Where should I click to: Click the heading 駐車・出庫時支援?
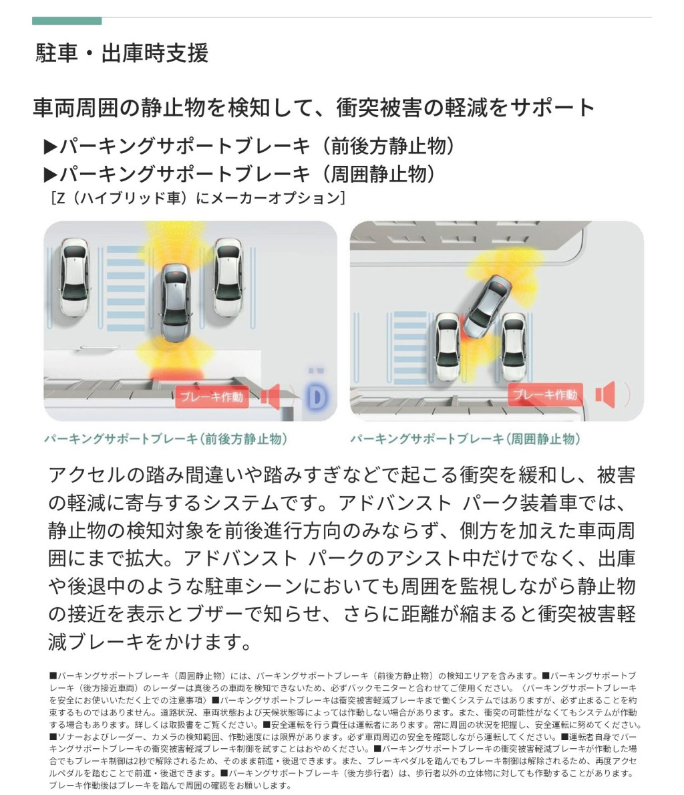pos(122,53)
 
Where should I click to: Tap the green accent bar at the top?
pos(67,21)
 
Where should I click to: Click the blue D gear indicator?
pos(317,396)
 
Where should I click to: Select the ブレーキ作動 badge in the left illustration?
pos(212,396)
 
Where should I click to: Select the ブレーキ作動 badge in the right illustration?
pos(545,394)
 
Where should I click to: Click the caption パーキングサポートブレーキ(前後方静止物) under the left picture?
pos(166,439)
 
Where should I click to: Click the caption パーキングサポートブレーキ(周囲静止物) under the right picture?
pos(465,439)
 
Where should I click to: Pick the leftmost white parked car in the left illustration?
pos(75,277)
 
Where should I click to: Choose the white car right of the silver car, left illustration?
pos(228,277)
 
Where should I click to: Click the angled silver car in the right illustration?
pos(488,307)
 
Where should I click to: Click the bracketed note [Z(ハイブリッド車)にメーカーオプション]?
pos(198,197)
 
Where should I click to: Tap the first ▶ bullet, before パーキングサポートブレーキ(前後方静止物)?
pos(51,147)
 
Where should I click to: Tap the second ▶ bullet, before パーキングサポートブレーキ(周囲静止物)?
pos(51,175)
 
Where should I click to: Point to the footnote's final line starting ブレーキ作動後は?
pos(170,786)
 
